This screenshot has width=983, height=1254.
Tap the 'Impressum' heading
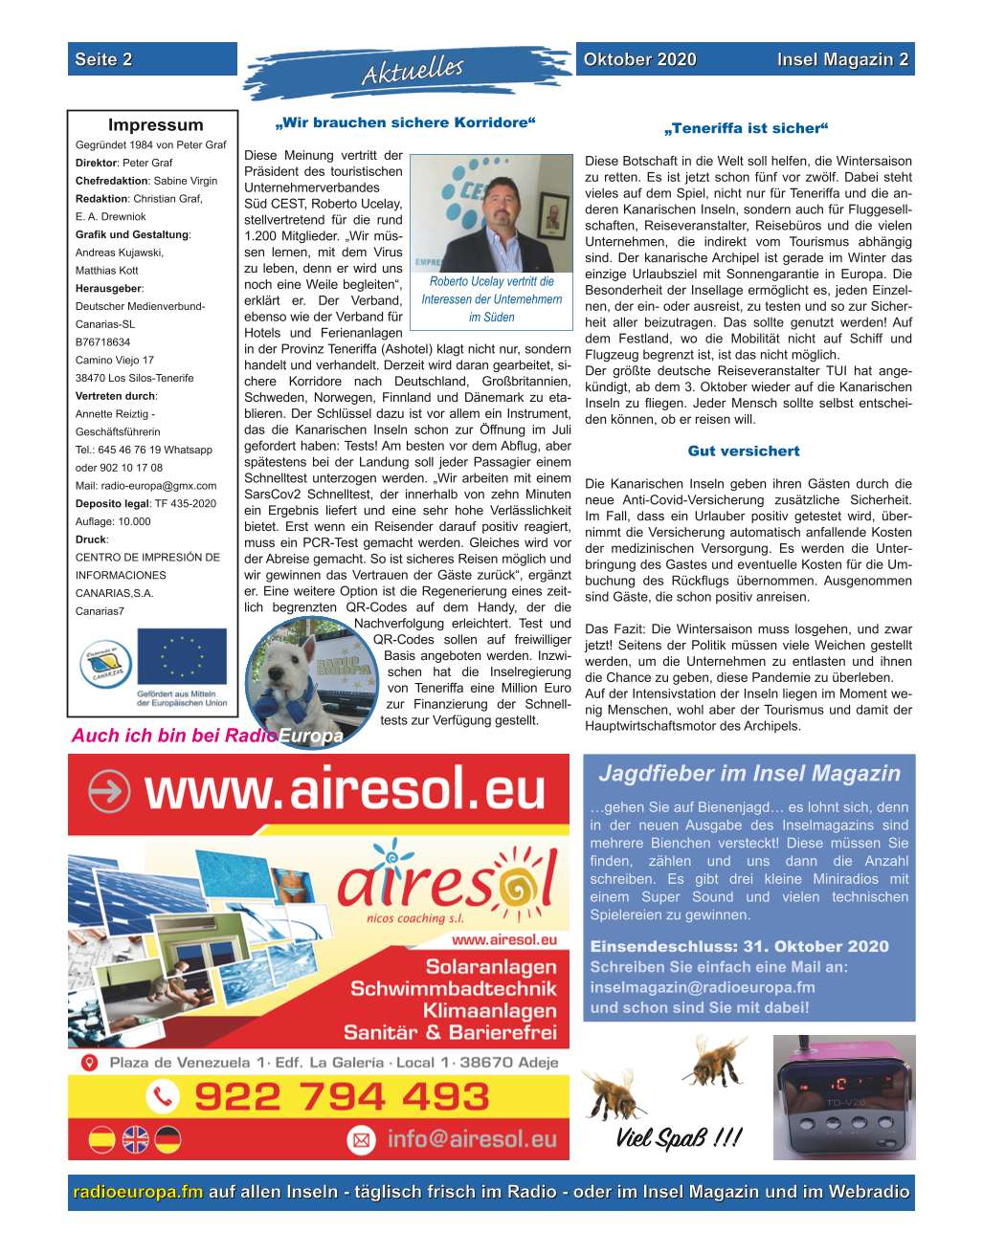tap(155, 125)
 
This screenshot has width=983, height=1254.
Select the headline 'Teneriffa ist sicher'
tap(746, 128)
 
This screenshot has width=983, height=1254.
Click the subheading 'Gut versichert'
tap(744, 451)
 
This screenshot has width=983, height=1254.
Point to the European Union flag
tap(182, 656)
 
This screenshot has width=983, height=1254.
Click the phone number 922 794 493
tap(342, 1096)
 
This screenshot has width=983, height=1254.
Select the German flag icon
tap(168, 1139)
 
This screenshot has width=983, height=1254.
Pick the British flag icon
tap(135, 1139)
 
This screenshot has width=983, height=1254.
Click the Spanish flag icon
tap(102, 1139)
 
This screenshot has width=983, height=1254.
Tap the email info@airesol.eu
tap(471, 1139)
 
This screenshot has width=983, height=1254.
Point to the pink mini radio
tap(843, 1096)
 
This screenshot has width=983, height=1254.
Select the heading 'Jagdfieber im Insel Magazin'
tap(748, 774)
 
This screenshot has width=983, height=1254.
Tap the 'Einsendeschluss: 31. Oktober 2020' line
tap(739, 947)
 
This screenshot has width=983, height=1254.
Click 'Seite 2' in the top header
tap(103, 59)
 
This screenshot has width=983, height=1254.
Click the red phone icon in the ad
tap(163, 1096)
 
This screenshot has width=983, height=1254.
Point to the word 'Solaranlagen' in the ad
tap(491, 967)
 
